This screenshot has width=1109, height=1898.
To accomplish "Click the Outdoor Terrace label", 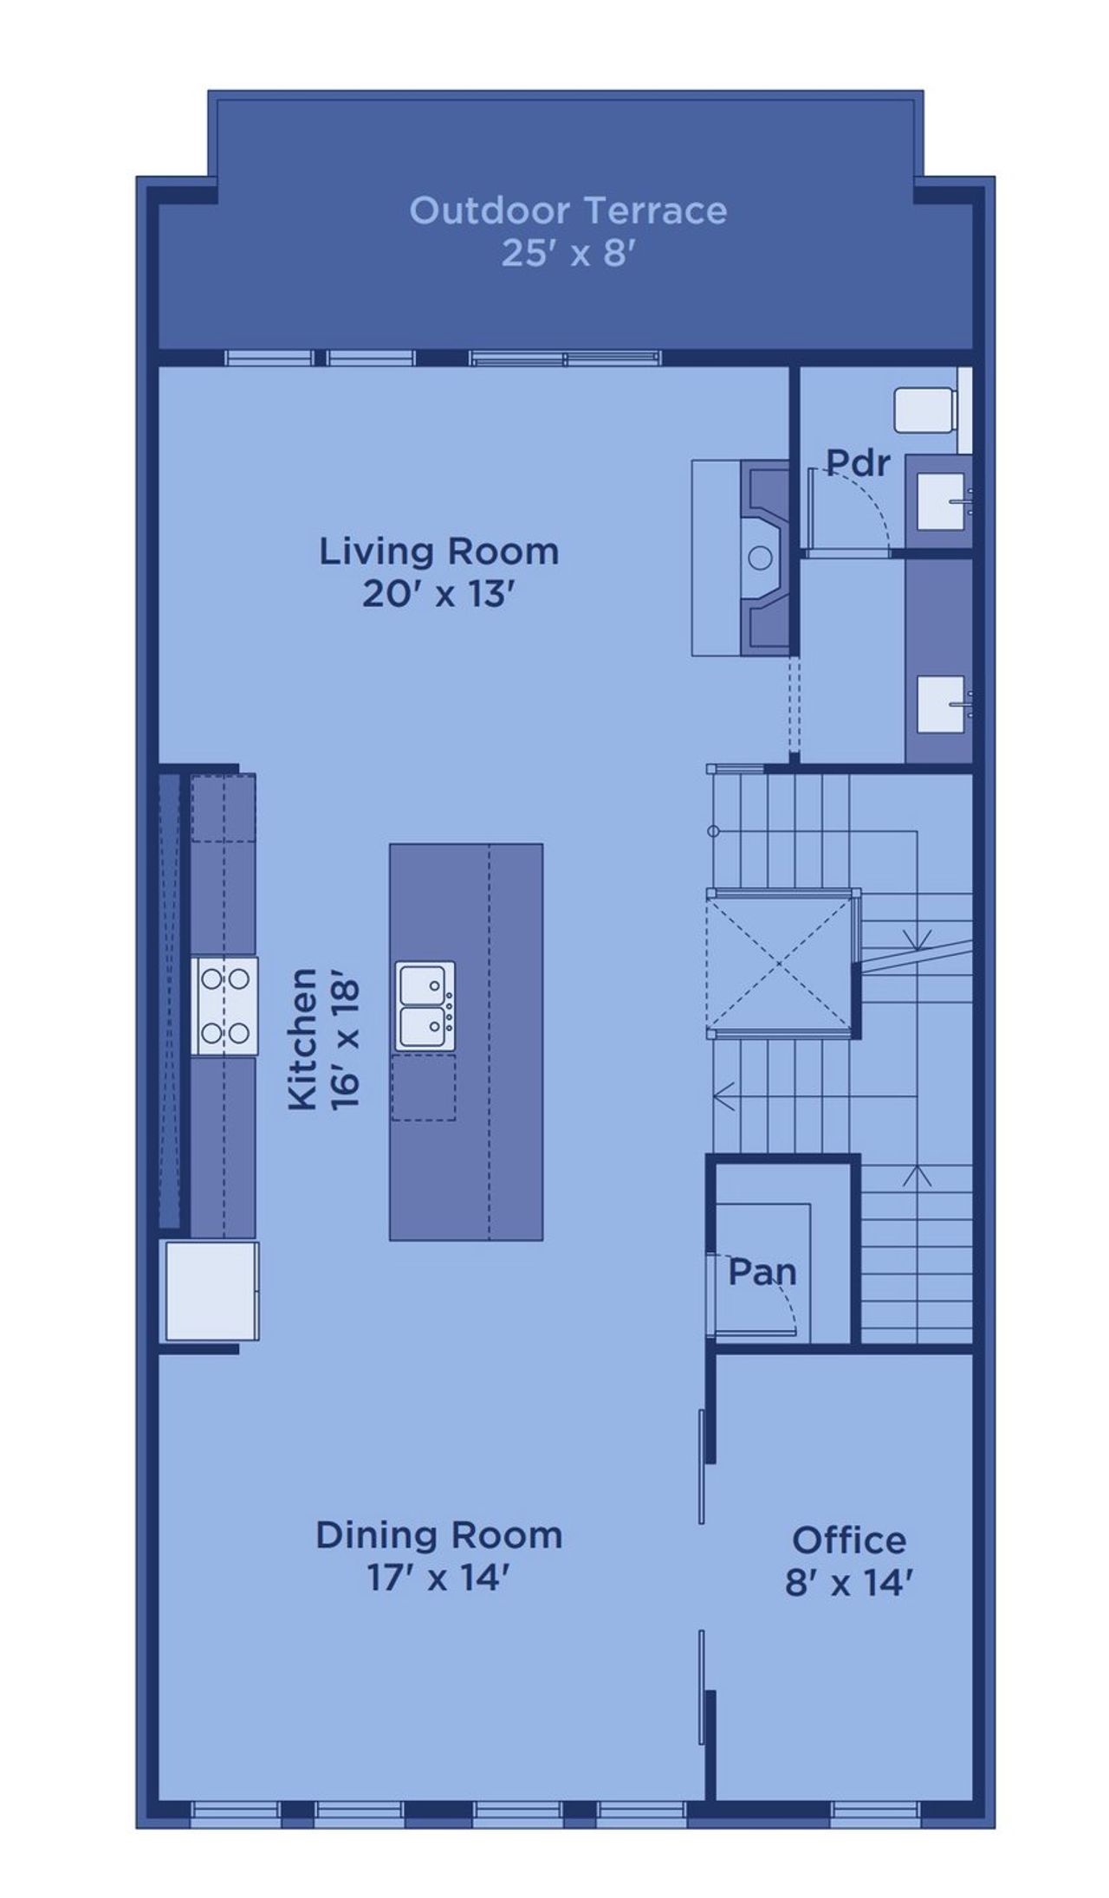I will pyautogui.click(x=567, y=210).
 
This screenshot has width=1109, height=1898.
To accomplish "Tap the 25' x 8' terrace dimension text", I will pyautogui.click(x=567, y=254).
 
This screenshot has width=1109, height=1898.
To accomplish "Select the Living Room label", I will pyautogui.click(x=439, y=552).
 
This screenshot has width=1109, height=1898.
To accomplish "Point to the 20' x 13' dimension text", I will pyautogui.click(x=439, y=595).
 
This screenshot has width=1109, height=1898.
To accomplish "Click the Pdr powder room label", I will pyautogui.click(x=857, y=463).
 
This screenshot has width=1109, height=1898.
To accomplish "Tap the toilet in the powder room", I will pyautogui.click(x=925, y=410).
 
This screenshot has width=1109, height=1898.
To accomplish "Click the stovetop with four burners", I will pyautogui.click(x=224, y=1005).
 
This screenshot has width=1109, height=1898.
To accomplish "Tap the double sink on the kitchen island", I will pyautogui.click(x=425, y=1005).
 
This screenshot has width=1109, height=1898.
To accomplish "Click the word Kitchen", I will pyautogui.click(x=302, y=1038).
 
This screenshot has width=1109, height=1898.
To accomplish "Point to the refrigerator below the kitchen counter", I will pyautogui.click(x=212, y=1290).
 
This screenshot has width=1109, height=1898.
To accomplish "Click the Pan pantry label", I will pyautogui.click(x=762, y=1272).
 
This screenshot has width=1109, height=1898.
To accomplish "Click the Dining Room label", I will pyautogui.click(x=438, y=1535).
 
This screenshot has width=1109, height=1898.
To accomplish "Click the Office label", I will pyautogui.click(x=849, y=1540).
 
